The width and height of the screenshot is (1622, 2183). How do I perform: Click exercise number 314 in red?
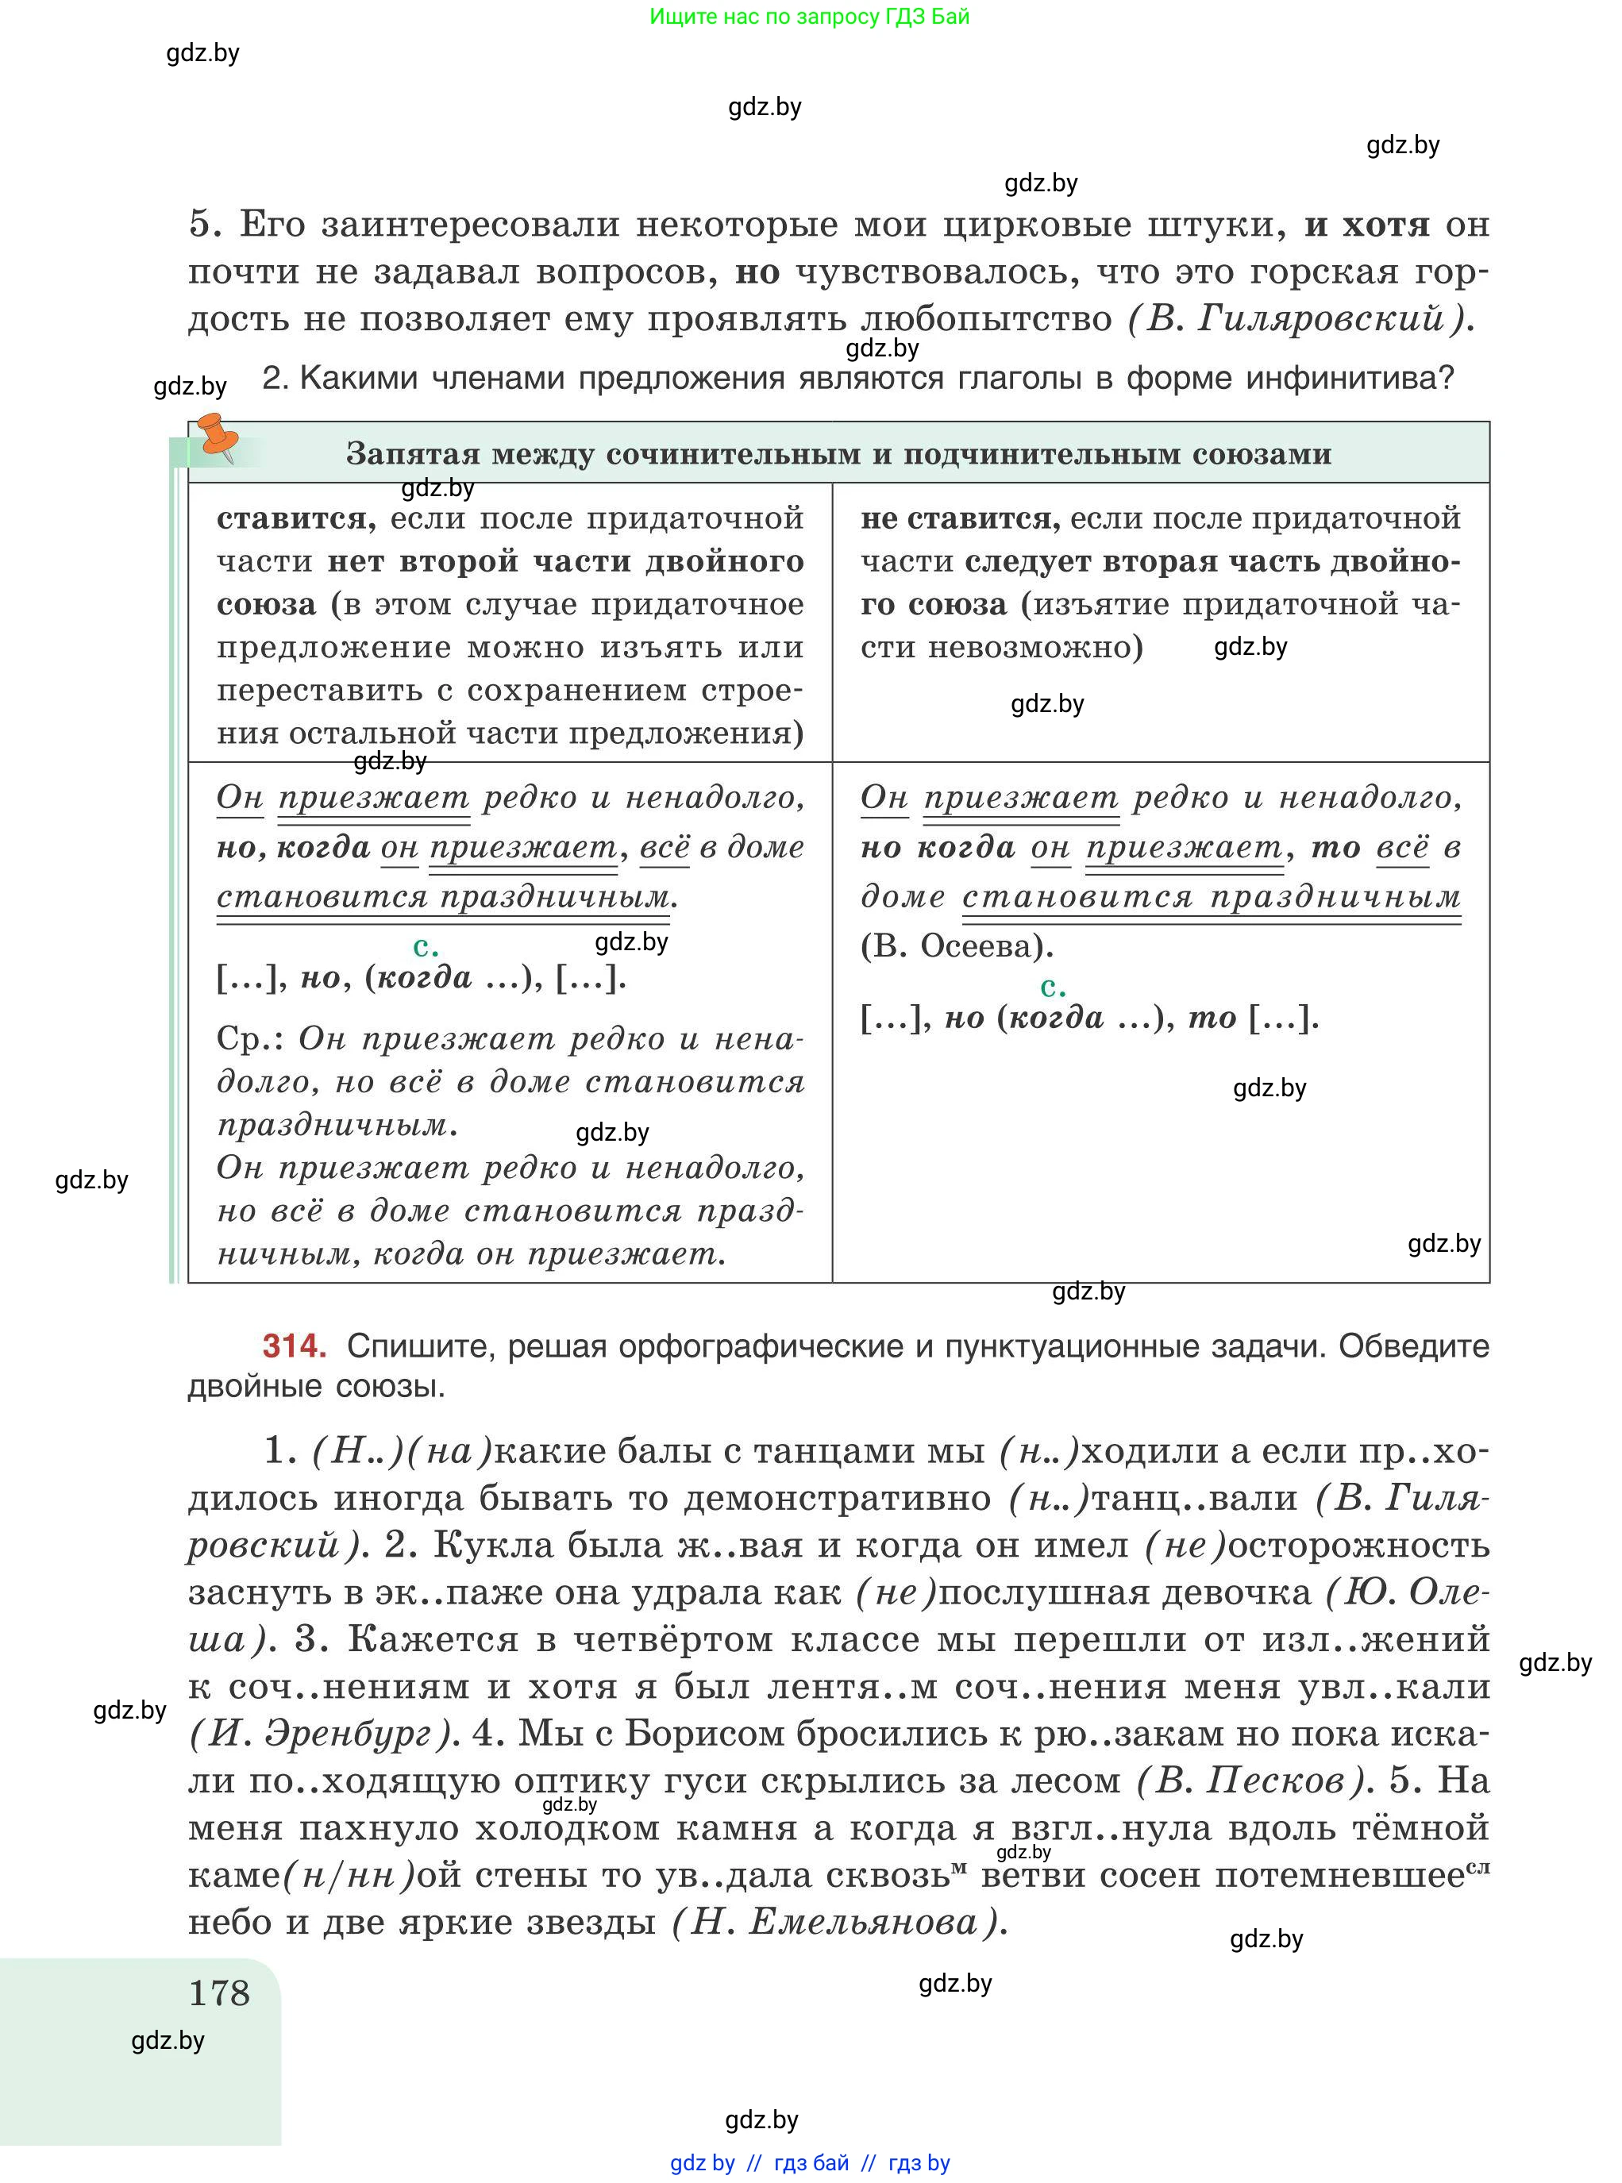coord(294,1346)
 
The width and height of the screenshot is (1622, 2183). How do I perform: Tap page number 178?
coord(219,1992)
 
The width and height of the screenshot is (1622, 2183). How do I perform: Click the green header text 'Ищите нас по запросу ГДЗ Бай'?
coord(809,17)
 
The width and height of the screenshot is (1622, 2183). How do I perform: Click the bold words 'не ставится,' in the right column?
coord(959,518)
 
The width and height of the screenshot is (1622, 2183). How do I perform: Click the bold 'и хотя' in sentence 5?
coord(1366,225)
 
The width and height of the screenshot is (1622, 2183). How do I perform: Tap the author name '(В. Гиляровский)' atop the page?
coord(1299,318)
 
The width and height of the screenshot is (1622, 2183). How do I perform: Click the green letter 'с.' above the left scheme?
coord(425,946)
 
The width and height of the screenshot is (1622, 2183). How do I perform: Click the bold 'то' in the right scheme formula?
coord(1212,1018)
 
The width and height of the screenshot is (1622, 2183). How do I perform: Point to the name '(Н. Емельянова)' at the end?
coord(839,1921)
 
